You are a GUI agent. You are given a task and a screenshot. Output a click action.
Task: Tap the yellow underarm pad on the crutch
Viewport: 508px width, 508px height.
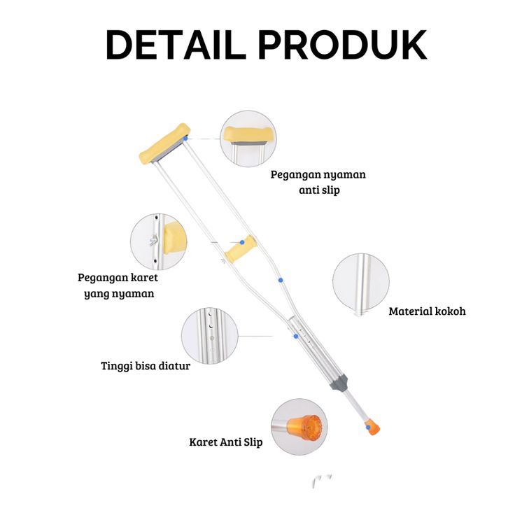[164, 142]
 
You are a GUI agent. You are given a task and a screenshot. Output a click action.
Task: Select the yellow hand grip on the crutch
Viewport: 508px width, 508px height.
[240, 248]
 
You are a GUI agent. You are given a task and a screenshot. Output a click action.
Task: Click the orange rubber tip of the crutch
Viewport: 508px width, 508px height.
[373, 426]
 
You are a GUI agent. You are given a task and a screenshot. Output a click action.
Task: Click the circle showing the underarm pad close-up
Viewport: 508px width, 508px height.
[248, 138]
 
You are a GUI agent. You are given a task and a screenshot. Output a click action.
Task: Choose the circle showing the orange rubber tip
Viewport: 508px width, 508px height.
[299, 425]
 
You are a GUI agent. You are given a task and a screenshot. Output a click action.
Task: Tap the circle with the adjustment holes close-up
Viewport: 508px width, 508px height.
[209, 335]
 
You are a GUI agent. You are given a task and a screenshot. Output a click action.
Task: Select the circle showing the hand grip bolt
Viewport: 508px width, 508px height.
[159, 241]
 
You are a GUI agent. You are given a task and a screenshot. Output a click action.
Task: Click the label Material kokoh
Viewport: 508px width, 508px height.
[427, 311]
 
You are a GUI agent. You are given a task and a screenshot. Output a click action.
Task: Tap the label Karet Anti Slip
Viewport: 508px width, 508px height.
[226, 442]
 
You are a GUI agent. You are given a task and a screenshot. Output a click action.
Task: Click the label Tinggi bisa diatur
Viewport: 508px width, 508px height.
[146, 365]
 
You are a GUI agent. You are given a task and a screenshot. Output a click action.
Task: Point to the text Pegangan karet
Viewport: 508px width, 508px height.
[118, 277]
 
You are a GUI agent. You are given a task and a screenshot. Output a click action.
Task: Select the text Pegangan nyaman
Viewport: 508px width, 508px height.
[318, 174]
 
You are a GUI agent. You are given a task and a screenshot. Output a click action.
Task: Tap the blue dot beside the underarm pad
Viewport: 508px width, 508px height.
[187, 141]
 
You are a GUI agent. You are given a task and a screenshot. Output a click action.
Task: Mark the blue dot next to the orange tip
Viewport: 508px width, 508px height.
[367, 427]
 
